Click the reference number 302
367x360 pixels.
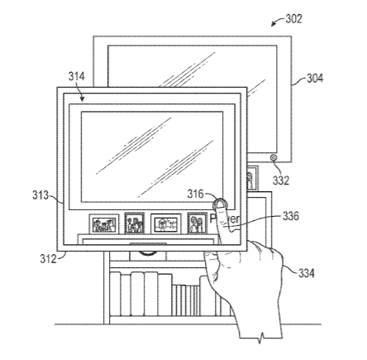tap(293, 19)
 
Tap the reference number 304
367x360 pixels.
tap(315, 79)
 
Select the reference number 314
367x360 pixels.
tap(77, 76)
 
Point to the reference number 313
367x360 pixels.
tap(41, 195)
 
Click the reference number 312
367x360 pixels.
tap(48, 259)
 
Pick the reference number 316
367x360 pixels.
tap(195, 194)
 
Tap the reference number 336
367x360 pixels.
tap(291, 216)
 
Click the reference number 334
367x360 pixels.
tap(307, 273)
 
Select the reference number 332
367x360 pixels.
tap(281, 180)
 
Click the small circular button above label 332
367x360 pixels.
tap(274, 157)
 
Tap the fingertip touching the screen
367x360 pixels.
tap(220, 204)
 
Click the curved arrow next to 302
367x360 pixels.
tap(278, 22)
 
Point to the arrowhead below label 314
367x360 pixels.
tap(82, 99)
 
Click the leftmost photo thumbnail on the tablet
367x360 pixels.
tap(104, 224)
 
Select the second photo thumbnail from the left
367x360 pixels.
tap(135, 223)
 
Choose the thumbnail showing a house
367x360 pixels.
tap(165, 224)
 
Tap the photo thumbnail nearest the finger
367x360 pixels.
tap(198, 223)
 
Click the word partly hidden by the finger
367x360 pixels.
tap(225, 218)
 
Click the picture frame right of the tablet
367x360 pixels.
tap(253, 178)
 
